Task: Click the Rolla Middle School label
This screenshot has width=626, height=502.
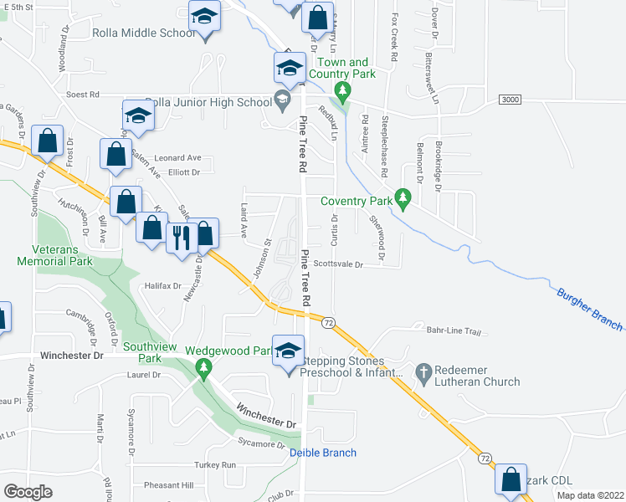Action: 142,33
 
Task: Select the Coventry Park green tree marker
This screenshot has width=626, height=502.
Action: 404,197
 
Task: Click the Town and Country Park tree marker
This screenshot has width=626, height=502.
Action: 341,90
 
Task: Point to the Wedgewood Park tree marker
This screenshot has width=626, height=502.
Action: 203,367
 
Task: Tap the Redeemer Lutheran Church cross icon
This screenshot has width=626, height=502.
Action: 424,371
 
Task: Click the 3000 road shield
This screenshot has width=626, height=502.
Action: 510,100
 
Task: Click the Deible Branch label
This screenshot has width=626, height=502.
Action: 323,453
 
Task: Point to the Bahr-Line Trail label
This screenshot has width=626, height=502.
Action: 454,331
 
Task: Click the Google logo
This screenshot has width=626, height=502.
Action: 28,492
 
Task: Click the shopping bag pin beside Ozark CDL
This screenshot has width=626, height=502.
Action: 511,479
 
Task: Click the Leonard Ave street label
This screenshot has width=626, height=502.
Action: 178,157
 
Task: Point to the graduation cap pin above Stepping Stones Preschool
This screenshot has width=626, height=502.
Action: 289,351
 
